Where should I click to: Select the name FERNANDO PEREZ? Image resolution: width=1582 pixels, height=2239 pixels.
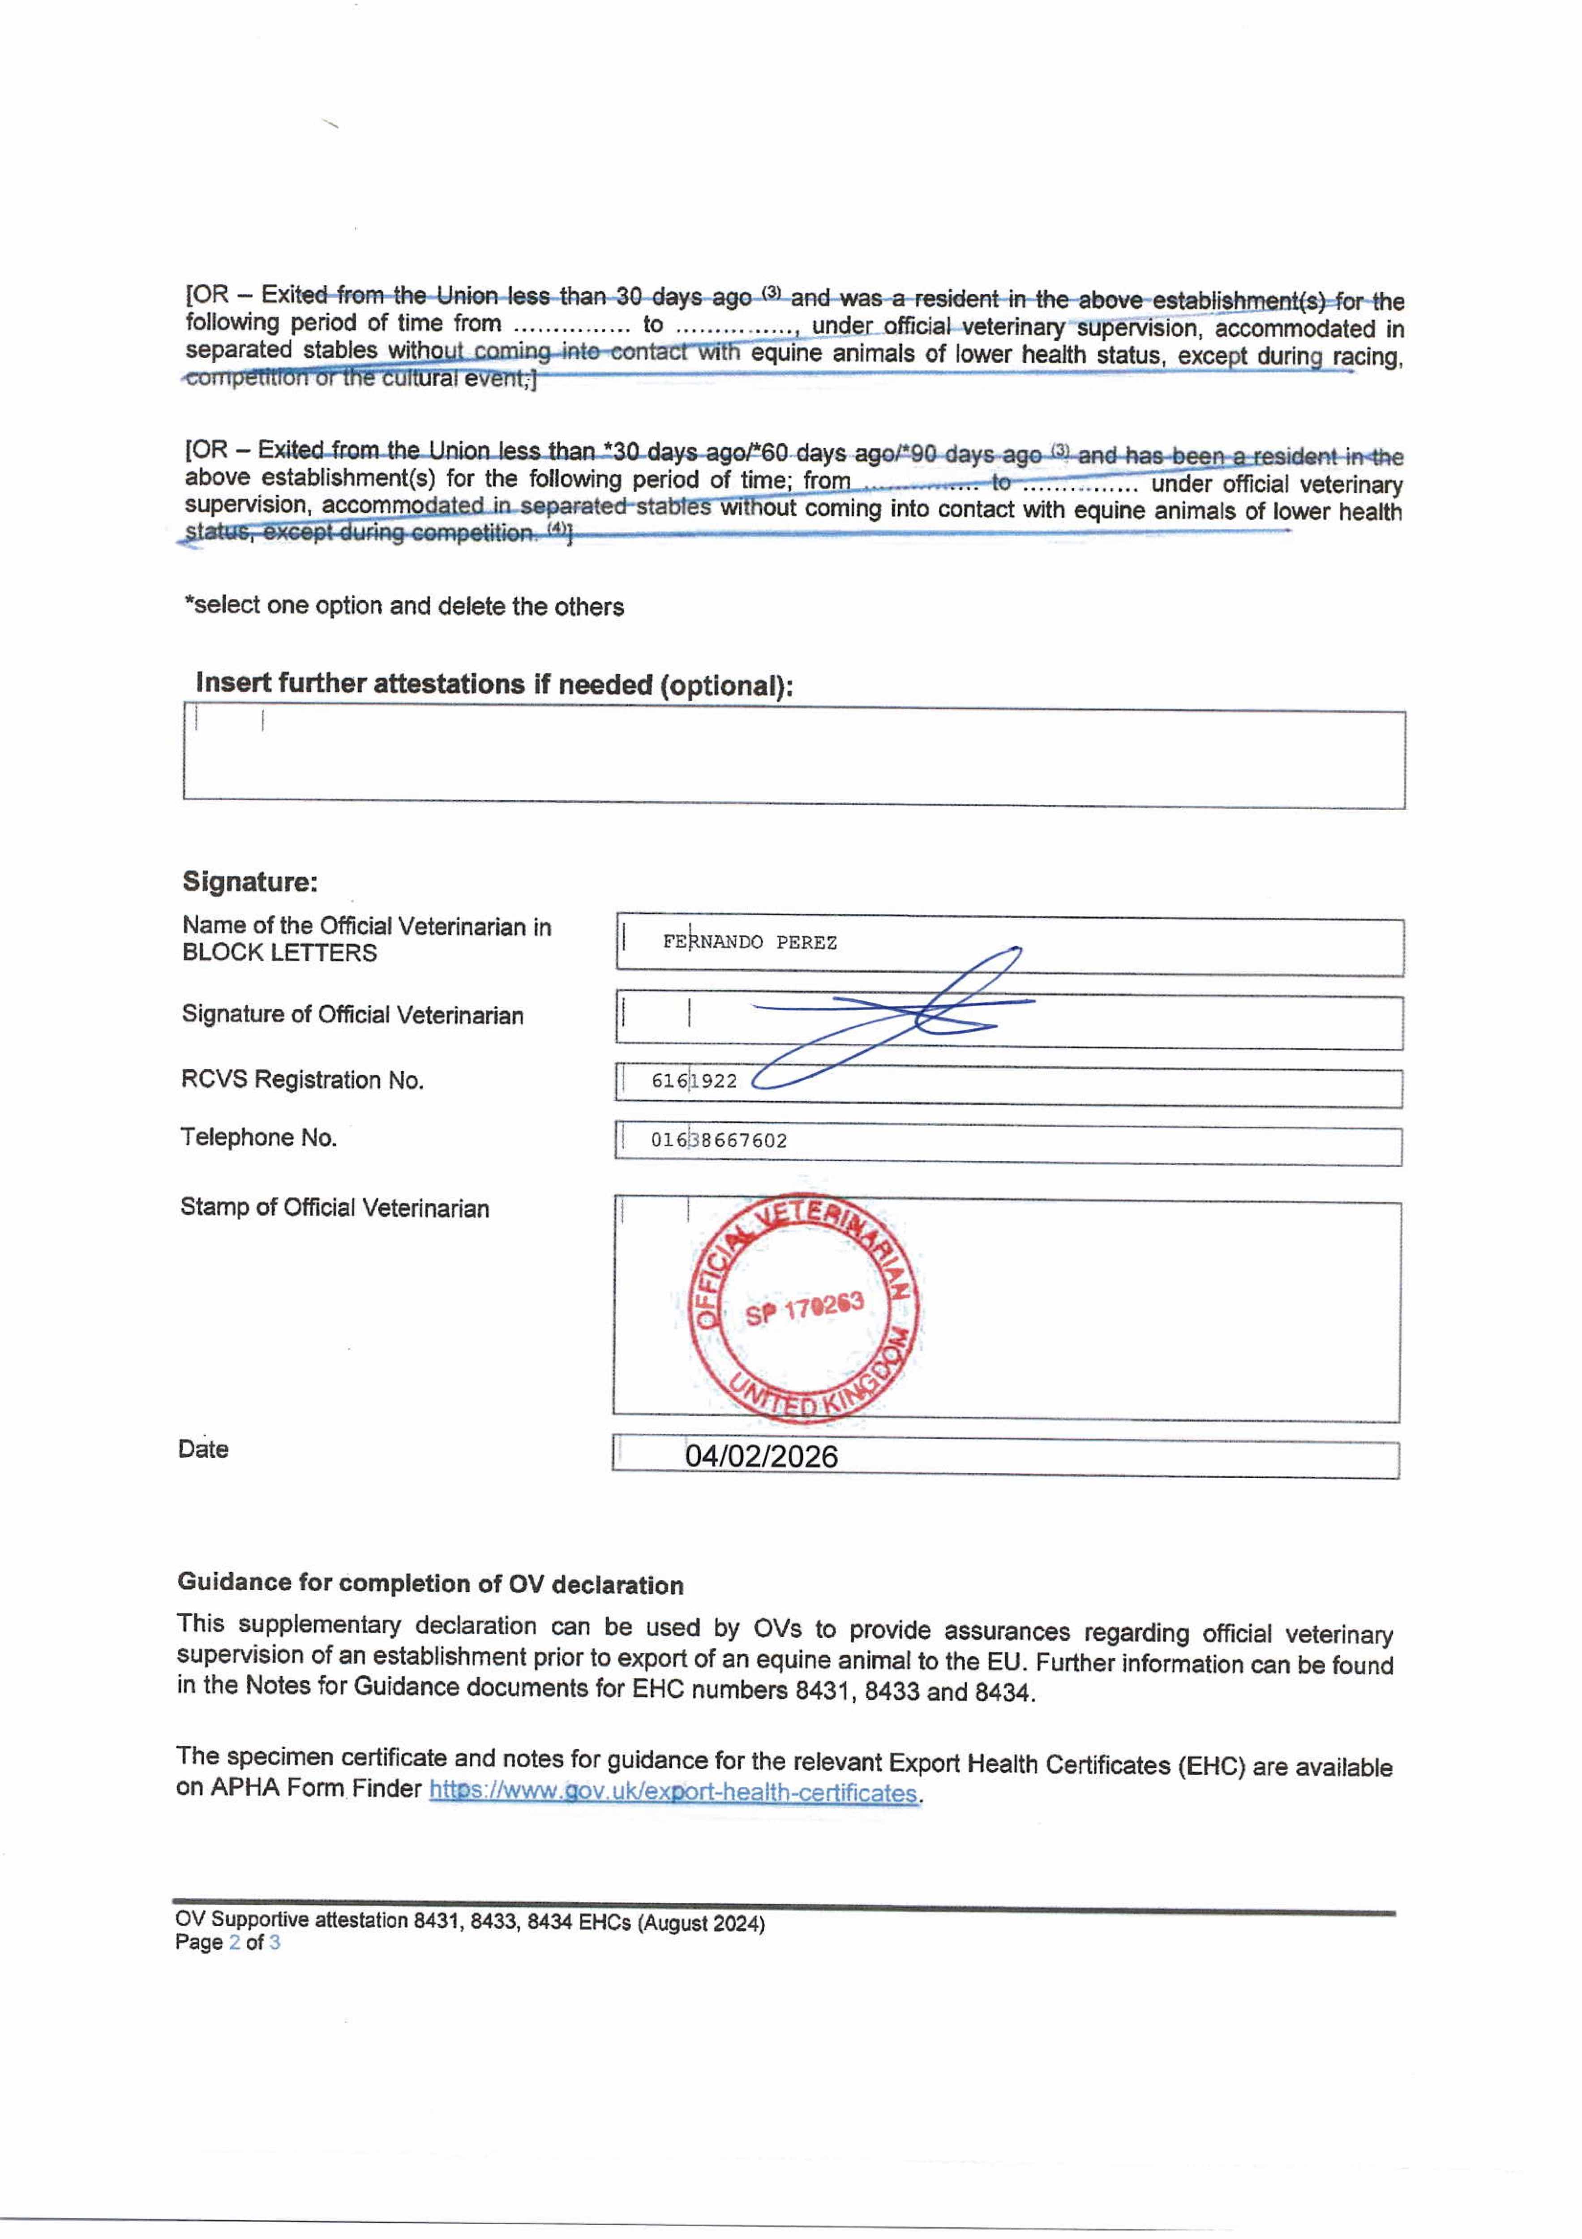[x=749, y=942]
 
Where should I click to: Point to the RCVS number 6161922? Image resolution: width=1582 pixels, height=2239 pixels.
[x=695, y=1081]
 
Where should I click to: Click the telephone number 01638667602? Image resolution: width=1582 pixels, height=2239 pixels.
[x=719, y=1140]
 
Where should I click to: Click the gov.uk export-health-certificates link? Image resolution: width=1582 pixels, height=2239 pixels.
[x=673, y=1793]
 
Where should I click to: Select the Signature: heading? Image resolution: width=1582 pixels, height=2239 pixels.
[x=250, y=882]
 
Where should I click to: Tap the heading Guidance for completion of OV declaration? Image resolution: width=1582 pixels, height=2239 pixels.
[x=430, y=1585]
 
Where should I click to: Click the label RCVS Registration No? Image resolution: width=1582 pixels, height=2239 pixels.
[x=302, y=1080]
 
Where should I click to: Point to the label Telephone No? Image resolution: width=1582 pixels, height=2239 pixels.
[x=258, y=1137]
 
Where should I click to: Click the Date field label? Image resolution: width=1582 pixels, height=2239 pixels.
[x=203, y=1449]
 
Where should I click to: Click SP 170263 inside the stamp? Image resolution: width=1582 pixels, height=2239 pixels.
[x=805, y=1308]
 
